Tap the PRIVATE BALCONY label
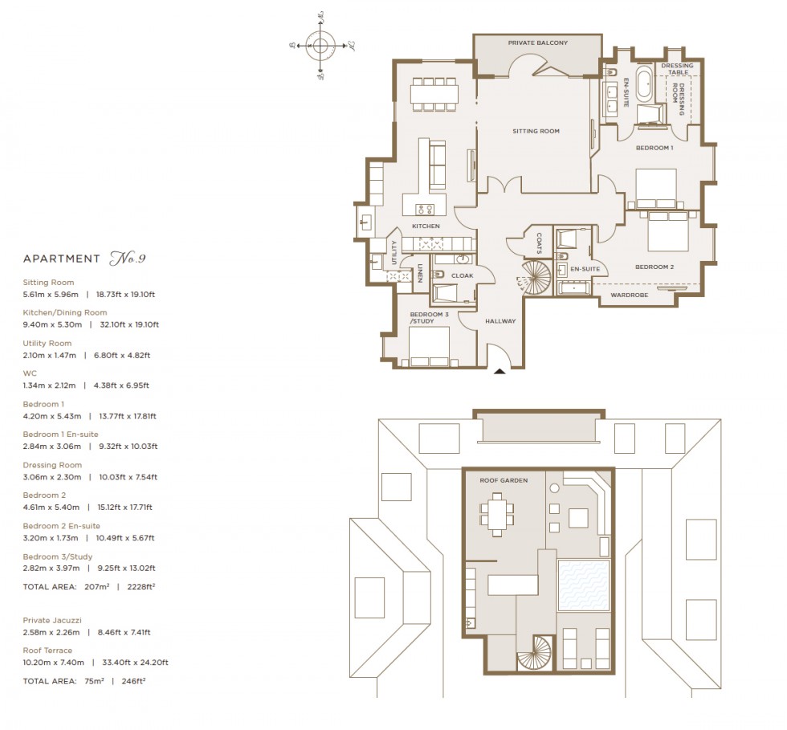(x=537, y=43)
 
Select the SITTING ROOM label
(x=536, y=131)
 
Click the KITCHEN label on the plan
(x=426, y=226)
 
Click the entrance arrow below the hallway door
(x=500, y=371)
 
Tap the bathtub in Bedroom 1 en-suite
(x=645, y=87)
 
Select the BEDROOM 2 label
(x=654, y=267)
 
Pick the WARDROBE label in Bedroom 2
(x=630, y=295)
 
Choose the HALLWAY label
(x=500, y=321)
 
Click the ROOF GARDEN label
(x=504, y=480)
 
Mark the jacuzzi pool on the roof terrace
(x=584, y=585)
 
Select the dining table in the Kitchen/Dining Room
(x=434, y=94)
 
